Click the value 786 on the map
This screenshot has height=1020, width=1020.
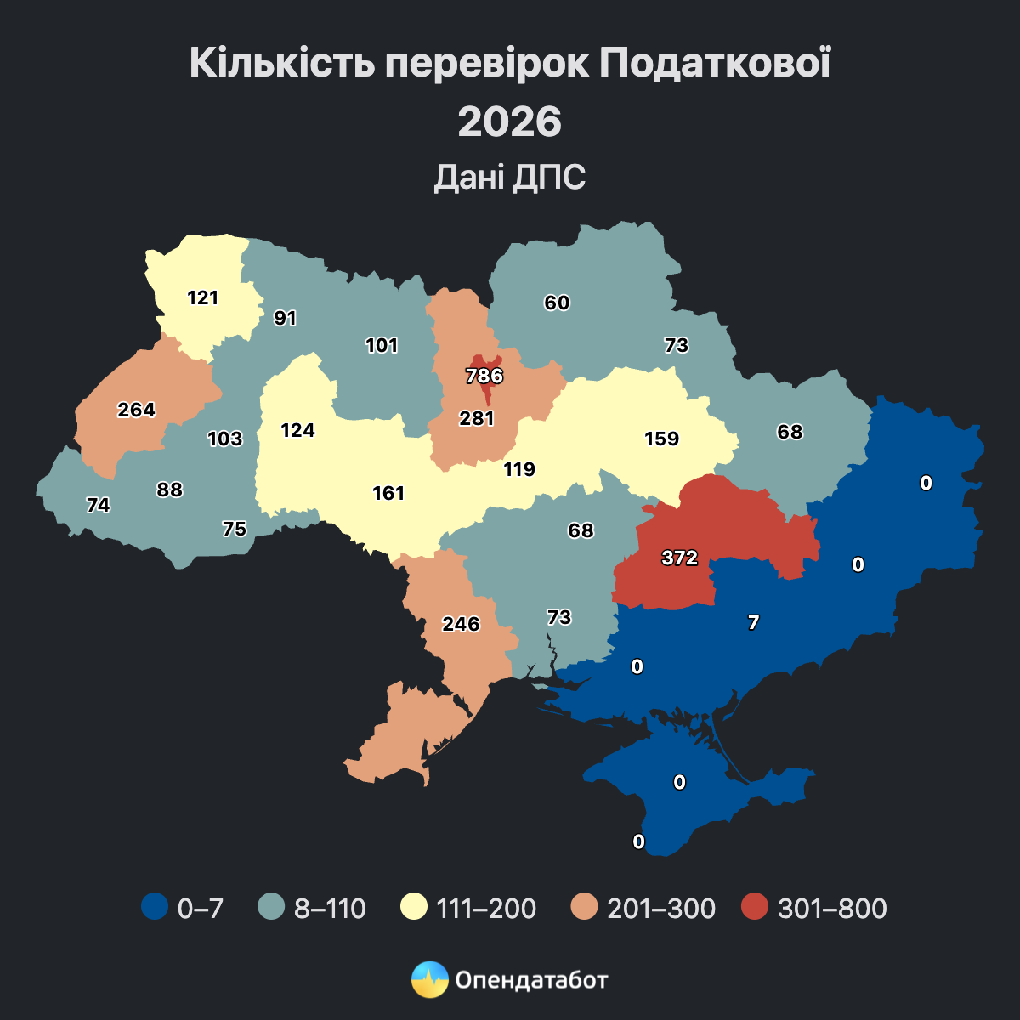484,376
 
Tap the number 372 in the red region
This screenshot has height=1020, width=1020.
680,558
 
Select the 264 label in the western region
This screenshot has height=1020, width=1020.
137,410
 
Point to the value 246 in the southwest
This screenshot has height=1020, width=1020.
462,624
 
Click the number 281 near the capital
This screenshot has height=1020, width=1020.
477,418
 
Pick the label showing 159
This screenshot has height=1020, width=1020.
662,439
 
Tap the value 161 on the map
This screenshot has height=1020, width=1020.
388,493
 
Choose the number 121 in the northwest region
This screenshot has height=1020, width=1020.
203,297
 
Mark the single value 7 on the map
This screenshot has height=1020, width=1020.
753,622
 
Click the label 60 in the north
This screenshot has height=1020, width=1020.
558,303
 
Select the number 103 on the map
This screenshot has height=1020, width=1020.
225,439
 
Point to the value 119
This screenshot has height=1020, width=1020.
519,469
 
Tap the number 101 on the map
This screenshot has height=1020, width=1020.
382,345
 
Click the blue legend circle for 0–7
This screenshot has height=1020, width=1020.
154,907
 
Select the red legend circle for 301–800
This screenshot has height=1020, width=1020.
754,907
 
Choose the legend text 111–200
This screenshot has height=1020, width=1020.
486,908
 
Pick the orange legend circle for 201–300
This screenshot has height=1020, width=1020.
584,907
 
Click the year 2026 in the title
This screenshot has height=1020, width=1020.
510,122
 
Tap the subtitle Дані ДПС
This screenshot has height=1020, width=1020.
510,178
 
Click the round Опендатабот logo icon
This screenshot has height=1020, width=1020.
429,979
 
